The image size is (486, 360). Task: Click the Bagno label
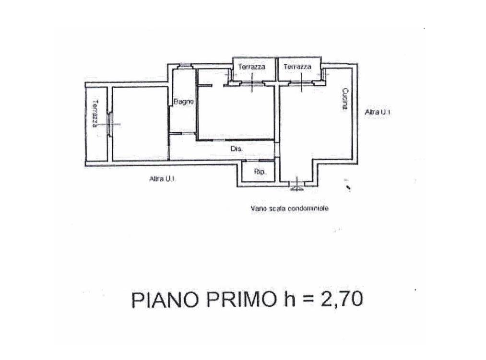tap(184, 101)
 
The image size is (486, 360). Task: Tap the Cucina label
tap(344, 99)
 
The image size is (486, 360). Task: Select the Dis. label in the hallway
tap(237, 149)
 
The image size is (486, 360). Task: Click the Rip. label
tap(260, 172)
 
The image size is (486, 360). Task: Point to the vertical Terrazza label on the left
tap(95, 114)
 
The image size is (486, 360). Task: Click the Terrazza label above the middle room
tap(252, 67)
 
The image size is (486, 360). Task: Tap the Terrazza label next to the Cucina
tap(297, 67)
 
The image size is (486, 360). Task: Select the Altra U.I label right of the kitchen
tap(377, 112)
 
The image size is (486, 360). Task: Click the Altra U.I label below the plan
tap(162, 179)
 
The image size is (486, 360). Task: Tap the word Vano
tap(257, 209)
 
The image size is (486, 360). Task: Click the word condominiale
tap(308, 209)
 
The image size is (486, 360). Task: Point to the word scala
tap(275, 209)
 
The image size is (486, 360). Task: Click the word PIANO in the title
tap(165, 300)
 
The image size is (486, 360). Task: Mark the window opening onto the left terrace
tap(110, 125)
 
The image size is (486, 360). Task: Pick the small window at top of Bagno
tap(185, 65)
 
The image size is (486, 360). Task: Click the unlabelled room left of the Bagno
tap(140, 124)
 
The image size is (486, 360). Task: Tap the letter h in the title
tap(290, 299)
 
